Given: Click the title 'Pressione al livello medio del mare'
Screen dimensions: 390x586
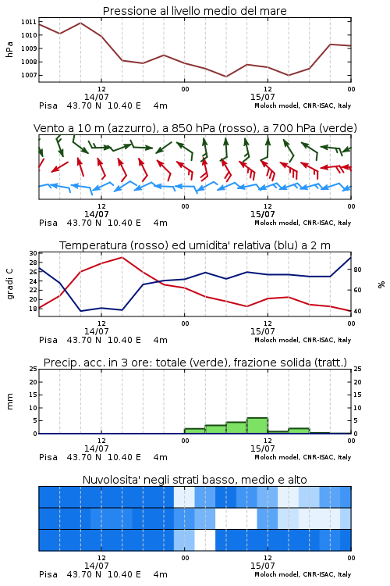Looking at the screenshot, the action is click(x=194, y=11).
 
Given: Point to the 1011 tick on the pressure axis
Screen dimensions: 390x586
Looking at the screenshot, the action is click(x=29, y=22).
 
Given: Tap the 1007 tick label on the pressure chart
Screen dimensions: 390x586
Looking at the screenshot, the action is click(x=29, y=75).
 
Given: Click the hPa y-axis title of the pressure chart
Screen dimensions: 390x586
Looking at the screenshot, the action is click(x=9, y=49).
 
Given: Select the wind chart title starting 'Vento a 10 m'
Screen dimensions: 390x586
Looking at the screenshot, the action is click(x=195, y=128).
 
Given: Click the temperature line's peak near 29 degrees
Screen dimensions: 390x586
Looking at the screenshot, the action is click(x=122, y=258).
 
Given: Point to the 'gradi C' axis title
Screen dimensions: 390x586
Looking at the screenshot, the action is click(x=9, y=284).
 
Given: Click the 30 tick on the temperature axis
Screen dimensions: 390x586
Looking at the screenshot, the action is click(x=34, y=253).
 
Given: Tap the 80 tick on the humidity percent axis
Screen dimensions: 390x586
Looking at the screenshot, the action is click(x=357, y=270).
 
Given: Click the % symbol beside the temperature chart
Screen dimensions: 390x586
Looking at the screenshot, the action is click(x=381, y=284).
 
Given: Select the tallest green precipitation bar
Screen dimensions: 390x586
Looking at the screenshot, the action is click(x=257, y=425).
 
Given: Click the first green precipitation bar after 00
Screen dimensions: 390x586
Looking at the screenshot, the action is click(x=195, y=431).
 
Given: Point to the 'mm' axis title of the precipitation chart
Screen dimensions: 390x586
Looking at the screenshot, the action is click(x=10, y=402).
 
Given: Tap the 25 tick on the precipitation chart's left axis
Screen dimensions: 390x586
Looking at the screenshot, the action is click(x=34, y=369).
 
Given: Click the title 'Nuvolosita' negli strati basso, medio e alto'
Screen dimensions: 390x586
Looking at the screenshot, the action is click(x=194, y=480).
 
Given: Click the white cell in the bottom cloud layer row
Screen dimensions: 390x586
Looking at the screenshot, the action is click(x=205, y=540).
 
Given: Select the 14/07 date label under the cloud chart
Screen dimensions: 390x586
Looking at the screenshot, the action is click(x=96, y=566).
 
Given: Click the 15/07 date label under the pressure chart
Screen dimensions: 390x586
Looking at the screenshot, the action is click(x=262, y=97).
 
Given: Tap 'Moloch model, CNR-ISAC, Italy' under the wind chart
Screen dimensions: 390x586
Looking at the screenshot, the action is click(x=303, y=223).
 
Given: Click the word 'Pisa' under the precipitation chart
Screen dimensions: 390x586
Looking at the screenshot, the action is click(x=48, y=457).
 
